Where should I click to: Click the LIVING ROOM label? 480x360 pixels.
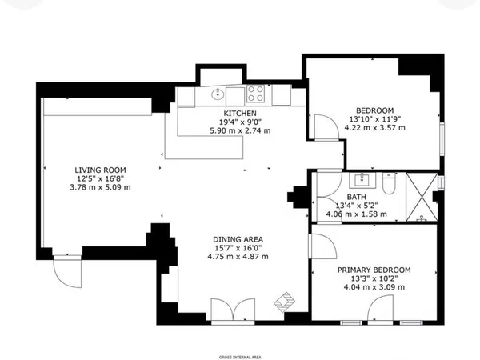(101, 170)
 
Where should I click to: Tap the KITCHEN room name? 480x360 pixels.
(240, 114)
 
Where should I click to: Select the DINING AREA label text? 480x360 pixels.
(238, 239)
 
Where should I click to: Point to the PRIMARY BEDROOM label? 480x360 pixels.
(374, 270)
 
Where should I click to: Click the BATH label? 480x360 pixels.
(356, 197)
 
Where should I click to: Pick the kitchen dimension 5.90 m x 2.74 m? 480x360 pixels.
(240, 130)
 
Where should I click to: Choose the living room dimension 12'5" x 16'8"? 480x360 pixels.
(101, 178)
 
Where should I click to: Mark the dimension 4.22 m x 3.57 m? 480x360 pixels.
(374, 128)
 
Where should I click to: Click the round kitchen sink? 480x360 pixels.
(217, 94)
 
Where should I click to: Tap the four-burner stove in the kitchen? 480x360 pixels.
(256, 94)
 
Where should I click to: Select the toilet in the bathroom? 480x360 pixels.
(389, 184)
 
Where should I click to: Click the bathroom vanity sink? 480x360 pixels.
(362, 180)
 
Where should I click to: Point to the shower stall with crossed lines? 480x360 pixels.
(422, 197)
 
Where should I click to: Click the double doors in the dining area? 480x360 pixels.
(233, 310)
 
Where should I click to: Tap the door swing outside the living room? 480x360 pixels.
(67, 273)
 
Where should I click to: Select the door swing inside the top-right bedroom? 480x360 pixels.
(327, 128)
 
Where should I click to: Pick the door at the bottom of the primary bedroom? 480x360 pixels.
(381, 309)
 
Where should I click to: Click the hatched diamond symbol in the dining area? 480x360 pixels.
(285, 302)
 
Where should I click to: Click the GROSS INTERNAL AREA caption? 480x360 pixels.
(240, 358)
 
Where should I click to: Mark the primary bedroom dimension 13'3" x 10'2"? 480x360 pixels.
(374, 278)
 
